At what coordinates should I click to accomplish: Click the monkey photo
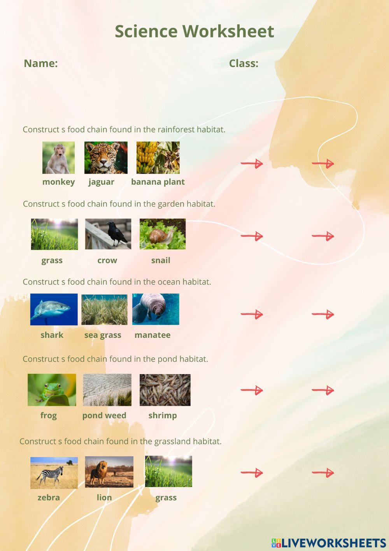58,157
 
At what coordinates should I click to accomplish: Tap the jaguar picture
106,157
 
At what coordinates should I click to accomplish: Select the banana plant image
158,157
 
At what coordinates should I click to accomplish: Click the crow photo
108,234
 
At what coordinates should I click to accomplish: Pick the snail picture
163,234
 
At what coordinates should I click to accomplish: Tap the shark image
54,309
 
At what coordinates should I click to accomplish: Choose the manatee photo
156,309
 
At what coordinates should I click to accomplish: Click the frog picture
52,390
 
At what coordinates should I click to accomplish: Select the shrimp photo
165,390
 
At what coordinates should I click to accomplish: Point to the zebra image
54,473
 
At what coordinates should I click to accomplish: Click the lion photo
109,472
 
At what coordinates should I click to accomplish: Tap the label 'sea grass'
103,335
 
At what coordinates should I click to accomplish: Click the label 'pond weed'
104,415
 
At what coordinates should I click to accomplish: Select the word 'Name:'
41,63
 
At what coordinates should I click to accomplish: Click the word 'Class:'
244,63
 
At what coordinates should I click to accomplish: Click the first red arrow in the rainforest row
252,163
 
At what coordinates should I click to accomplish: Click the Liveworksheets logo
329,543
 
